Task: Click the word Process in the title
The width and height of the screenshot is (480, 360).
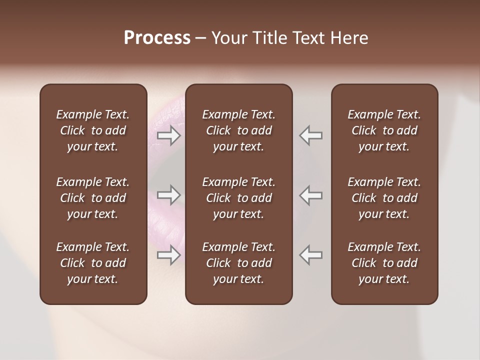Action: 157,38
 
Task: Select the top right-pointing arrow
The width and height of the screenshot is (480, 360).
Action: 168,135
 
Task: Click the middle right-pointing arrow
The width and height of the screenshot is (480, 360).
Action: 168,195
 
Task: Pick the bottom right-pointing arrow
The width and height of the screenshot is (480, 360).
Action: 168,255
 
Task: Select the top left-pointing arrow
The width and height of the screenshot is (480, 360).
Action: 311,135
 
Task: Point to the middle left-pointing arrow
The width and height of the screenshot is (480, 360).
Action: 311,195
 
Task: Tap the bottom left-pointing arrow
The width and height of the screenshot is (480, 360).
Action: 311,255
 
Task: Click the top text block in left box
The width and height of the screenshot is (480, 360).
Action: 93,130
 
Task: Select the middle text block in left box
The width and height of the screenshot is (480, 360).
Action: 93,198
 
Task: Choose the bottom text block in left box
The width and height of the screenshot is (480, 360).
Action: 93,263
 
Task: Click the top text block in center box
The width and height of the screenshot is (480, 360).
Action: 239,130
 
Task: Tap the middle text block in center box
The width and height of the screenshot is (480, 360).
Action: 239,198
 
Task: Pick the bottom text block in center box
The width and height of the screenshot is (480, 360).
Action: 239,263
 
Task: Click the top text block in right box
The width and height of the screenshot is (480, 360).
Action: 384,130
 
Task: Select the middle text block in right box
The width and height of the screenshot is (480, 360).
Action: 384,198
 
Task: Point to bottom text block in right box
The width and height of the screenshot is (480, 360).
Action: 384,263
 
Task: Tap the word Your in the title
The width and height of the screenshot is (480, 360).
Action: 227,38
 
